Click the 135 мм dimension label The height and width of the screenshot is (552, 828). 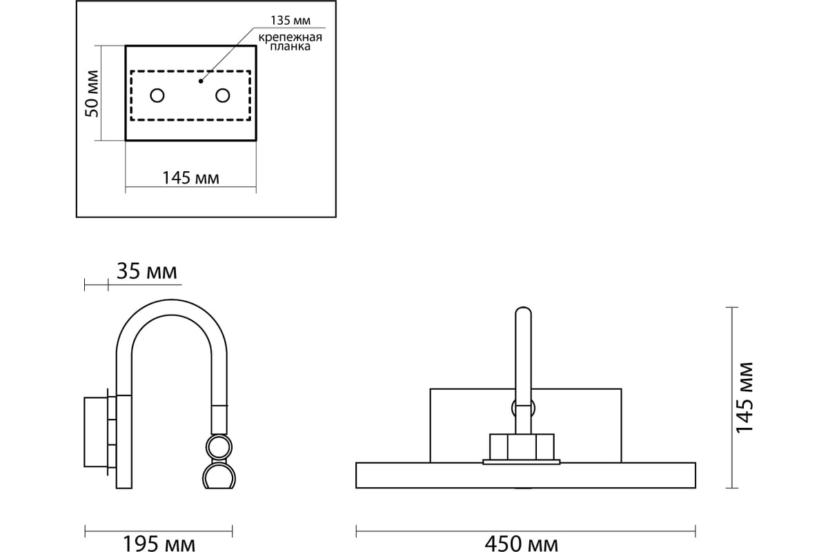click(x=290, y=20)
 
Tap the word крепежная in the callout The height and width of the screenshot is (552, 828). click(x=290, y=37)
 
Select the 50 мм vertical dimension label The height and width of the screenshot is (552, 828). click(x=92, y=94)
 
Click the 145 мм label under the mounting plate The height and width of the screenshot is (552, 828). click(x=190, y=178)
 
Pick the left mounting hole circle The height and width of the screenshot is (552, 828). click(x=157, y=96)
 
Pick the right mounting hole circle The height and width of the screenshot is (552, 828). click(x=222, y=95)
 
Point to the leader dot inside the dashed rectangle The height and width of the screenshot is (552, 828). click(x=201, y=81)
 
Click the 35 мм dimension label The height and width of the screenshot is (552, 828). click(x=147, y=271)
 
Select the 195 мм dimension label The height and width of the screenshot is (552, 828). click(x=159, y=544)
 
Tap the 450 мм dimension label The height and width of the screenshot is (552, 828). click(x=521, y=544)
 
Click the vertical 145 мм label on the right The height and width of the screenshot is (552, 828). click(x=744, y=398)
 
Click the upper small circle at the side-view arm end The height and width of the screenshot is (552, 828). click(x=219, y=447)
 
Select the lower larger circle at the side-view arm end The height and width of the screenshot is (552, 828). click(x=219, y=476)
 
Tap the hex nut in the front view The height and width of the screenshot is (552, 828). click(x=522, y=447)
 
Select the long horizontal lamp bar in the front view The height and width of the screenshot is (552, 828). click(x=526, y=475)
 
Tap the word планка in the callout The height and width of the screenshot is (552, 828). click(x=290, y=47)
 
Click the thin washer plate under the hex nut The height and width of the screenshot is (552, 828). click(x=522, y=462)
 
